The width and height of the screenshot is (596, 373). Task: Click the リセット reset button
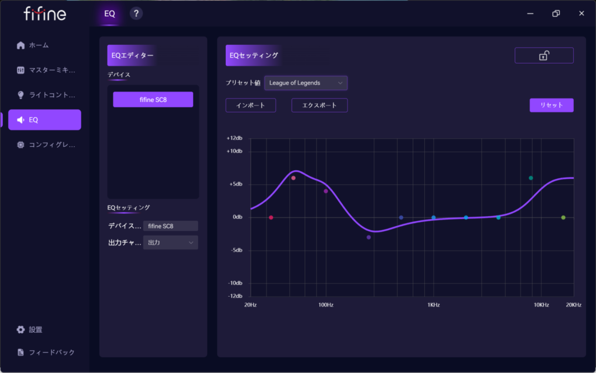pyautogui.click(x=551, y=105)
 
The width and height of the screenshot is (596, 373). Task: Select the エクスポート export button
pyautogui.click(x=319, y=105)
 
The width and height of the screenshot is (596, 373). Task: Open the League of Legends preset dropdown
pyautogui.click(x=306, y=83)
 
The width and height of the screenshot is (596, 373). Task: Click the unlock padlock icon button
pyautogui.click(x=544, y=55)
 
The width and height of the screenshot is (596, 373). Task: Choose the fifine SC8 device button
pyautogui.click(x=152, y=100)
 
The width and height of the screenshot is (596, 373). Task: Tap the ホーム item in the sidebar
pyautogui.click(x=38, y=45)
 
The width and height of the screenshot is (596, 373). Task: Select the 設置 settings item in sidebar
pyautogui.click(x=35, y=330)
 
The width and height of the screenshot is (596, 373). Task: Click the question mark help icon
pyautogui.click(x=136, y=13)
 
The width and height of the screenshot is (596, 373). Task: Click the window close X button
pyautogui.click(x=581, y=13)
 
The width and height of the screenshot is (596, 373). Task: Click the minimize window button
pyautogui.click(x=530, y=13)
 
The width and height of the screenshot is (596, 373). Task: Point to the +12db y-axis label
pyautogui.click(x=234, y=139)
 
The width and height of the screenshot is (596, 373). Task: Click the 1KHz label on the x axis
pyautogui.click(x=433, y=305)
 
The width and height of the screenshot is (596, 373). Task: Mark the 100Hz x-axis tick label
pyautogui.click(x=325, y=305)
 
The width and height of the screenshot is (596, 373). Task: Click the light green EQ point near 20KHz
pyautogui.click(x=563, y=217)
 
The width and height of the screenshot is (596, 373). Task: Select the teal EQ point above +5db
pyautogui.click(x=531, y=178)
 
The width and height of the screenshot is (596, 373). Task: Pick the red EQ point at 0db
pyautogui.click(x=271, y=217)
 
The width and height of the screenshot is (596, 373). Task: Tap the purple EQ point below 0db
pyautogui.click(x=368, y=237)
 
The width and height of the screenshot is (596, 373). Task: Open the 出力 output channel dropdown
pyautogui.click(x=170, y=242)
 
